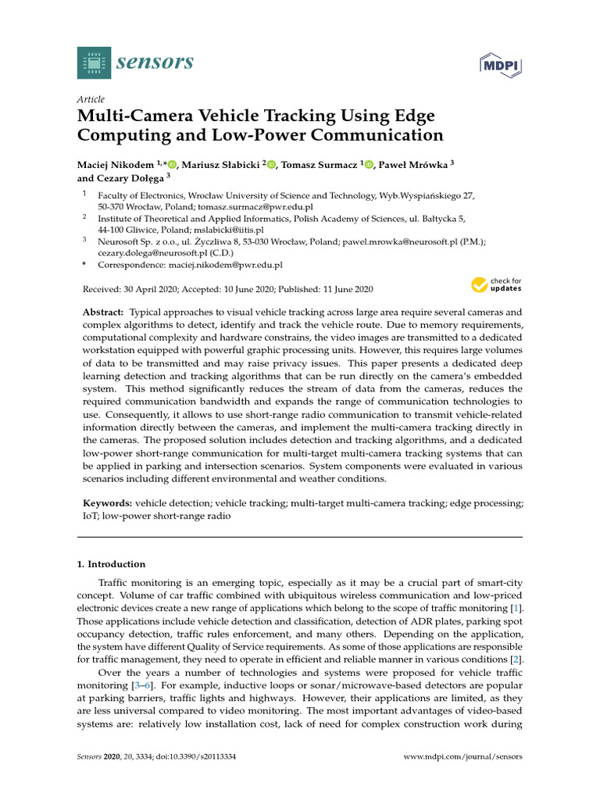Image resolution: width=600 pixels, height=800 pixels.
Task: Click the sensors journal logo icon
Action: pyautogui.click(x=94, y=62)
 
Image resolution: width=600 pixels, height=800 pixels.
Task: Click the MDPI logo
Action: pyautogui.click(x=500, y=65)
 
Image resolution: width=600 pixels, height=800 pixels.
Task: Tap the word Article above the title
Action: pyautogui.click(x=91, y=99)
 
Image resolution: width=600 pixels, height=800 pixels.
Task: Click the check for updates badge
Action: pyautogui.click(x=496, y=285)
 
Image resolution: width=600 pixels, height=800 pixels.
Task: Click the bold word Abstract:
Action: pyautogui.click(x=103, y=312)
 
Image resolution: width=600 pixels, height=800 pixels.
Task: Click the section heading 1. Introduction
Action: pyautogui.click(x=111, y=564)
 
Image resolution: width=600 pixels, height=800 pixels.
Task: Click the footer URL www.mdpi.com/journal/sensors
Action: pyautogui.click(x=462, y=757)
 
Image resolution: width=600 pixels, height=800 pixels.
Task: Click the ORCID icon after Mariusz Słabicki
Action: pyautogui.click(x=272, y=164)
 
